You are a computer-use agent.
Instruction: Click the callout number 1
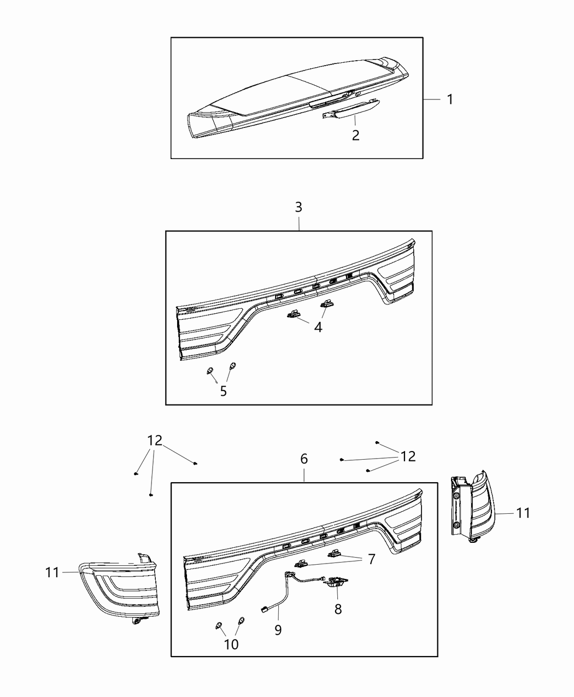coord(449,99)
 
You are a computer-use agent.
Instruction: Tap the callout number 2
coord(355,135)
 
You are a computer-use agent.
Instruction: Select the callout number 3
coord(298,207)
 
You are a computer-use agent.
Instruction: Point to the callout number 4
coord(318,327)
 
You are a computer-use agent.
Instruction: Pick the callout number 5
coord(223,391)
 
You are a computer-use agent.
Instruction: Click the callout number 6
coord(304,459)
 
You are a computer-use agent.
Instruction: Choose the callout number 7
coord(371,559)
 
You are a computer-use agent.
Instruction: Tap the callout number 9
coord(278,630)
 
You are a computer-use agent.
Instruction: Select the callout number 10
coord(231,644)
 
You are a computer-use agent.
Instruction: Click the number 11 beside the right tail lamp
coord(523,513)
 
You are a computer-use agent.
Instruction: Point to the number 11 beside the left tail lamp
coord(53,572)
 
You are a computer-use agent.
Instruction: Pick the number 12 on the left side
coord(155,441)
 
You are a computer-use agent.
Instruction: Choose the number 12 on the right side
coord(408,456)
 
